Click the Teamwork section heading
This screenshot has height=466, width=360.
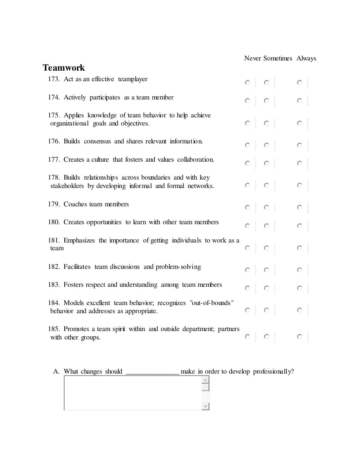[64, 67]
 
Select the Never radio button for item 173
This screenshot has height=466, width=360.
[247, 83]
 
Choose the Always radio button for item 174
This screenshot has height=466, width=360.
[299, 101]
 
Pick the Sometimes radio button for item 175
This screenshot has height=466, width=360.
[266, 123]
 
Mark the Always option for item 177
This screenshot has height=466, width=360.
[299, 163]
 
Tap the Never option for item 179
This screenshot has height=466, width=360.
[247, 208]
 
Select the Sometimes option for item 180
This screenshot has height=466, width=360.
[266, 226]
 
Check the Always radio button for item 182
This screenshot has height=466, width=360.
[299, 270]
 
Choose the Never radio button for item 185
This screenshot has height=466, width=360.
[247, 337]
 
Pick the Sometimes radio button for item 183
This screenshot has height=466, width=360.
[266, 288]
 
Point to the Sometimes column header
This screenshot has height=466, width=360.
[278, 58]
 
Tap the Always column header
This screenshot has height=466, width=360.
[306, 58]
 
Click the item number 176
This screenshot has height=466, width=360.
[54, 141]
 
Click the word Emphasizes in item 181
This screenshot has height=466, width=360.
[79, 240]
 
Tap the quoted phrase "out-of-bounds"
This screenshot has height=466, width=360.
[212, 303]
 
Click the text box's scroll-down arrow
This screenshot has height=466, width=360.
[206, 407]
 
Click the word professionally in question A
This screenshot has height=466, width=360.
[273, 372]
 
